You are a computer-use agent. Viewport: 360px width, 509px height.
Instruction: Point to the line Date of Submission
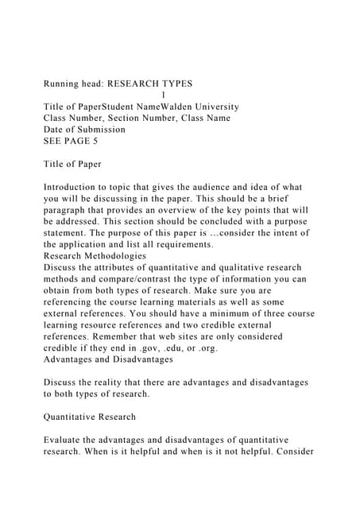point(84,129)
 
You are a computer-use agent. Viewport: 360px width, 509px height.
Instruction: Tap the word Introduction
point(77,187)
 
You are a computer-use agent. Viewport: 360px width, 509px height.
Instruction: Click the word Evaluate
point(69,440)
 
